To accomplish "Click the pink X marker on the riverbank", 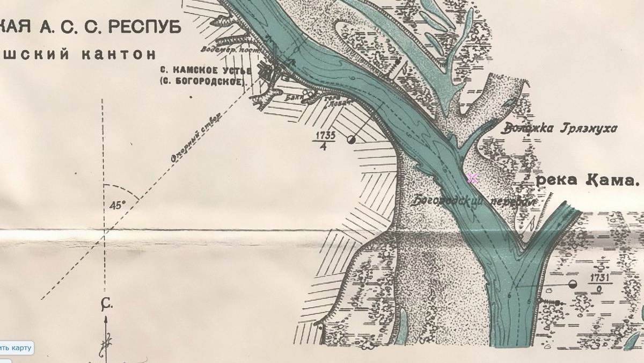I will click(x=472, y=178).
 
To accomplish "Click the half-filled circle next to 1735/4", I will click(x=352, y=140).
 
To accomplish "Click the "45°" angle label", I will click(x=117, y=205).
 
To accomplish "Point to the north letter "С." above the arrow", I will click(x=106, y=305).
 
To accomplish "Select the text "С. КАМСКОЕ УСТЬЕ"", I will click(x=206, y=70).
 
